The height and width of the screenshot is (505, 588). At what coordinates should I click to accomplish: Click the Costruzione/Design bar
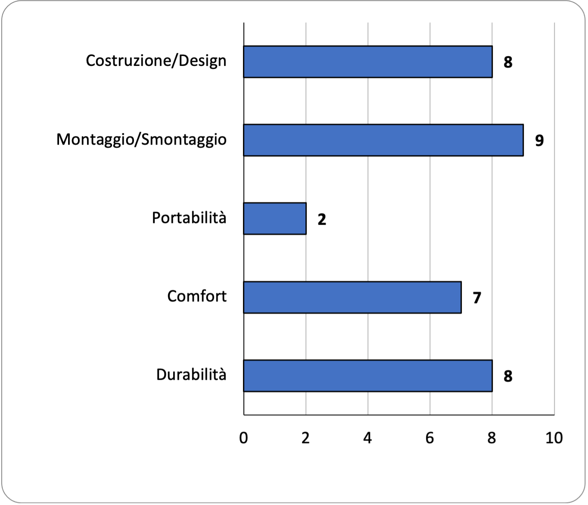(x=368, y=62)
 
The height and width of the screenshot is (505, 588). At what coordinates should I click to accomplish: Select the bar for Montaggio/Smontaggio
(x=383, y=140)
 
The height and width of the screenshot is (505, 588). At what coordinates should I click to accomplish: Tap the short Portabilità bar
(x=275, y=219)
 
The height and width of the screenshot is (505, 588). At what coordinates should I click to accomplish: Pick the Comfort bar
(x=352, y=297)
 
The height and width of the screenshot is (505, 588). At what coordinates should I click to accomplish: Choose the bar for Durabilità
(x=368, y=376)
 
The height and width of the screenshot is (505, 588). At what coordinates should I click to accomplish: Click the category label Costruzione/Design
(x=156, y=61)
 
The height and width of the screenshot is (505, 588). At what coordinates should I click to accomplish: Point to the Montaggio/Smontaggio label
(x=141, y=140)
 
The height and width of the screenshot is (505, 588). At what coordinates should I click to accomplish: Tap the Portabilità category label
(x=189, y=218)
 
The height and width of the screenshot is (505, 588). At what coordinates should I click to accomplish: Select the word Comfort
(x=197, y=296)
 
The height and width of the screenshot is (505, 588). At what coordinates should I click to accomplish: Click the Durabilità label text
(x=191, y=375)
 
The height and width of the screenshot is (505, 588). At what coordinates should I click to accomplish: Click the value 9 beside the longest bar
(x=539, y=140)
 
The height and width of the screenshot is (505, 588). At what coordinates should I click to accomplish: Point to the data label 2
(x=322, y=219)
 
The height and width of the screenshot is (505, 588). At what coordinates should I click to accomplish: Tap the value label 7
(x=477, y=298)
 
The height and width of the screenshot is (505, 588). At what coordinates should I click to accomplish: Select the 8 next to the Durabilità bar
(x=508, y=376)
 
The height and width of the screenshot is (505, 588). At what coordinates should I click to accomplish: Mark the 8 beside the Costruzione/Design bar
(x=508, y=62)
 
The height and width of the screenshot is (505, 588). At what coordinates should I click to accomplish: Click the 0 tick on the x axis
(x=243, y=438)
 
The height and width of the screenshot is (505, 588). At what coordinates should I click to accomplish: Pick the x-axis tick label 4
(x=367, y=438)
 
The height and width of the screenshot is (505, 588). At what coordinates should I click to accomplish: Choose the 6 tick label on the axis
(x=429, y=438)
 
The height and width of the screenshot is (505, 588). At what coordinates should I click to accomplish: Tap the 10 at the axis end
(x=554, y=438)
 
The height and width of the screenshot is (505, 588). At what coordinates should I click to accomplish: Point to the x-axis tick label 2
(x=305, y=438)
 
